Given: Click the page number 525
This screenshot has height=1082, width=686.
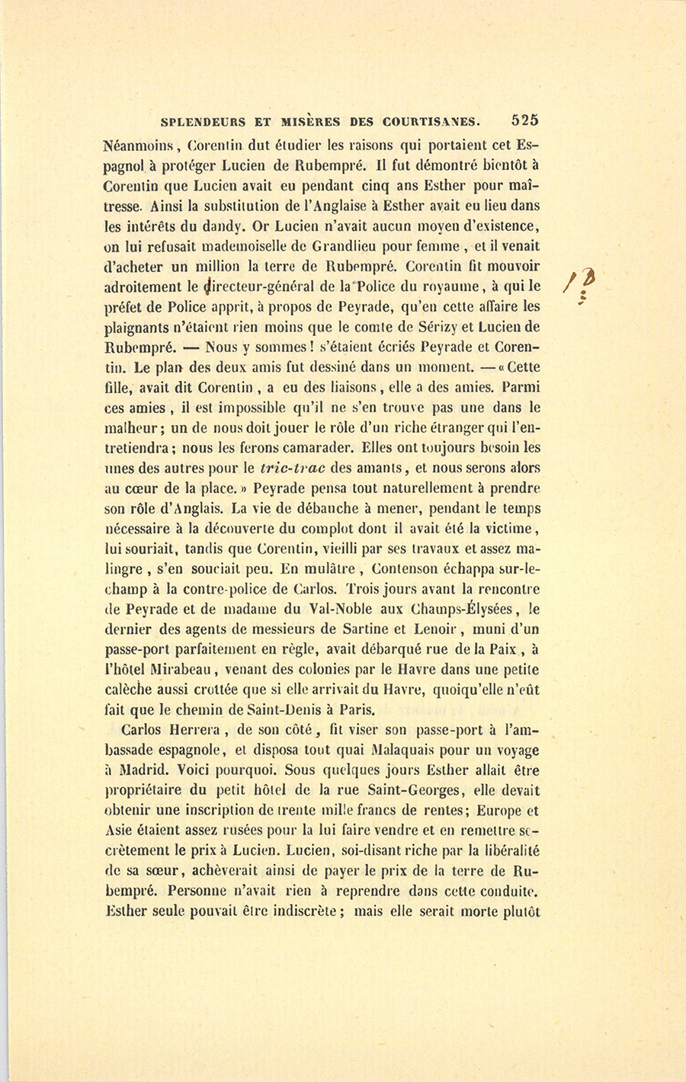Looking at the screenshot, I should (525, 120).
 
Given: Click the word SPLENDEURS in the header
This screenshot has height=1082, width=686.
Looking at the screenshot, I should (204, 120).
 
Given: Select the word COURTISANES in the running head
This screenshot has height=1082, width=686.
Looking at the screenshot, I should (434, 120).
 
